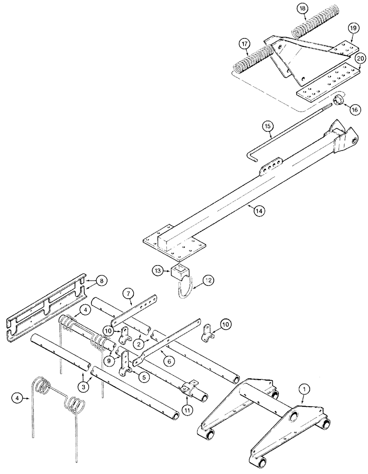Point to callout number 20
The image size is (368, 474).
pyautogui.click(x=360, y=58)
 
